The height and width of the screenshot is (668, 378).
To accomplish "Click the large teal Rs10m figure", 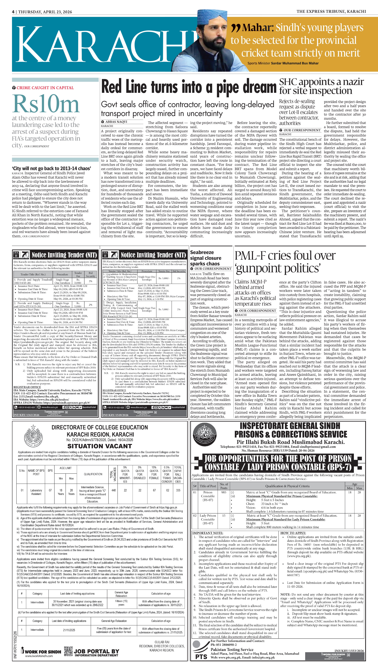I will point(46,104).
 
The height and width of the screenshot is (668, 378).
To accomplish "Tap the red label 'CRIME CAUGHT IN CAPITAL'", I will point(45,88).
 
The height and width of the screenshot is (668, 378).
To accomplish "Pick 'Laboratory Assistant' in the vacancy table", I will point(36,492).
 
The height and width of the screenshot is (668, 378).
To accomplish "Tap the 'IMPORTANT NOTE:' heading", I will point(208,533).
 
